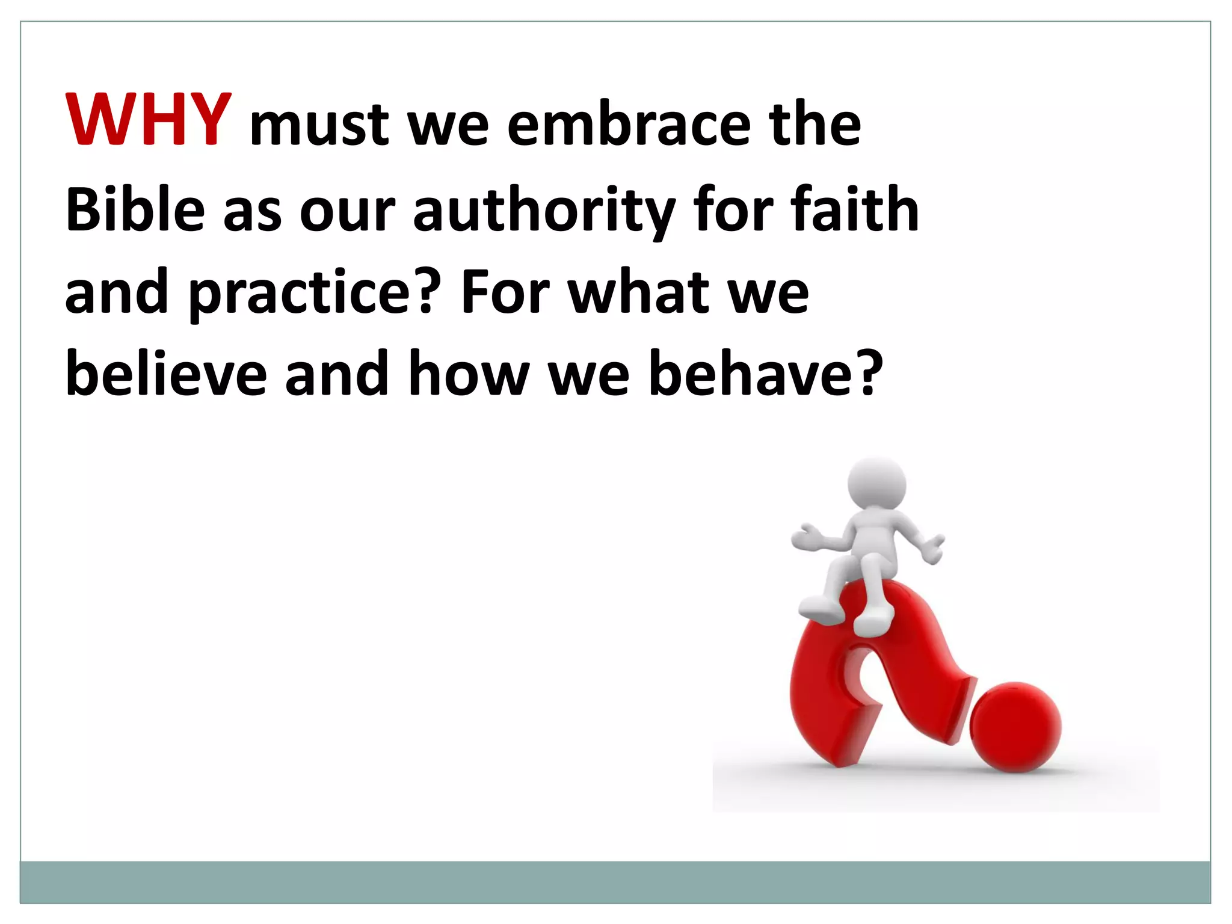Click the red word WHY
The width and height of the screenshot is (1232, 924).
pos(148,120)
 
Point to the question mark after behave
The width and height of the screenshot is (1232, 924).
pos(865,373)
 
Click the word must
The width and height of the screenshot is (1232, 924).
pos(319,126)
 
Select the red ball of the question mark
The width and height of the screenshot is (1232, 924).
pos(1015,726)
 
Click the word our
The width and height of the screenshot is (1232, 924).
pos(347,211)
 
